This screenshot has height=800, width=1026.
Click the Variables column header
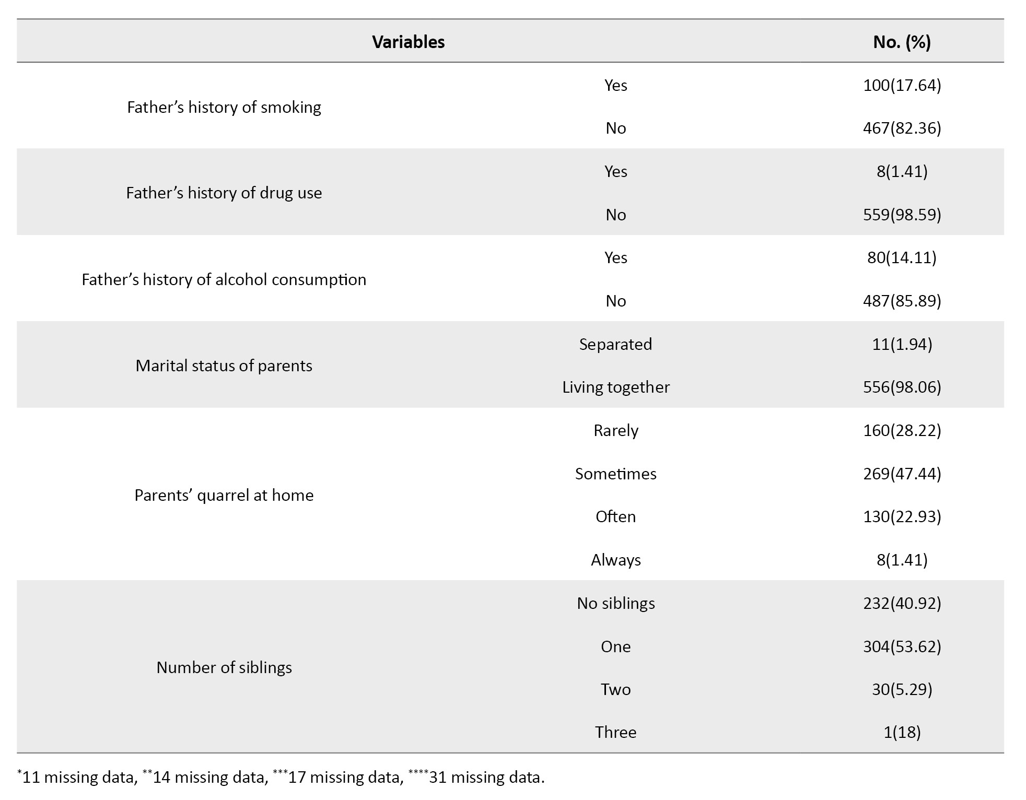click(408, 42)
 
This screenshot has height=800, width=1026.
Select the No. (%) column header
click(902, 42)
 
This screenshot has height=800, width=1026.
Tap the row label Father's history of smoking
click(224, 107)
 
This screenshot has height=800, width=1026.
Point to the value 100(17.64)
click(902, 85)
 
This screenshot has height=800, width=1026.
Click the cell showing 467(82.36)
click(902, 128)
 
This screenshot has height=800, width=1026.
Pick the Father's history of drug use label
click(224, 193)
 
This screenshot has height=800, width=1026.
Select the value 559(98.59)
click(902, 215)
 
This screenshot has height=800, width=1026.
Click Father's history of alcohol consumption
click(224, 279)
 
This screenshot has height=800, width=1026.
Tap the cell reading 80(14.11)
click(902, 257)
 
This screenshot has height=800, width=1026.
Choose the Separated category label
click(615, 344)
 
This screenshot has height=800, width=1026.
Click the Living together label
click(615, 387)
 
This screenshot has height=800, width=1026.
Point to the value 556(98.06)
click(902, 387)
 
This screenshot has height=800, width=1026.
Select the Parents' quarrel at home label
click(224, 495)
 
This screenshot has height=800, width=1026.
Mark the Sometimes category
click(615, 474)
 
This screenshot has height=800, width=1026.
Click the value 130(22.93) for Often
click(902, 516)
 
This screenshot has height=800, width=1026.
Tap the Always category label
click(615, 560)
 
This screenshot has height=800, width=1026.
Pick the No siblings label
click(615, 603)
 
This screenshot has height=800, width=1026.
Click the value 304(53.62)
click(902, 646)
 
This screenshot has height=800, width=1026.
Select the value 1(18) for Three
click(902, 732)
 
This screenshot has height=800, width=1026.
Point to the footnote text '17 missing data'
click(345, 778)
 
